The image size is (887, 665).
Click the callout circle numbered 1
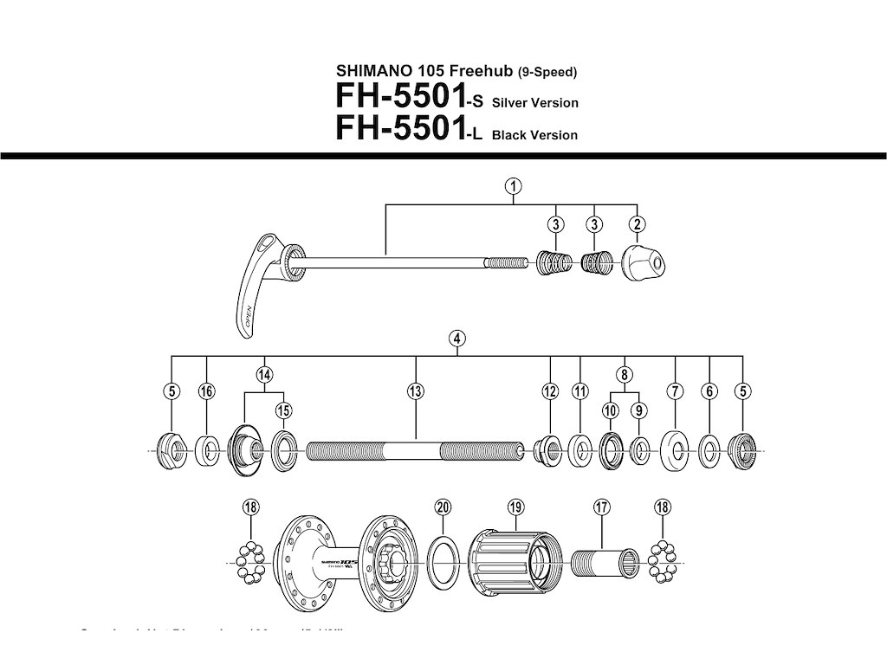(514, 185)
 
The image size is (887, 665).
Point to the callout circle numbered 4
(456, 339)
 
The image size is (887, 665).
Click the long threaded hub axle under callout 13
(416, 451)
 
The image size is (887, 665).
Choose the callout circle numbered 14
(264, 374)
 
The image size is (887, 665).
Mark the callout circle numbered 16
(206, 391)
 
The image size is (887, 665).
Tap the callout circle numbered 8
(624, 374)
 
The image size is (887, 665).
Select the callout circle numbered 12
(550, 391)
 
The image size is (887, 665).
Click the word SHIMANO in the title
(367, 71)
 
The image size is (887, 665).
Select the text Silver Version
(534, 103)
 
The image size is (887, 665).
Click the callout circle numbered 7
(675, 391)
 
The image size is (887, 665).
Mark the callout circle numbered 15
(283, 410)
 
